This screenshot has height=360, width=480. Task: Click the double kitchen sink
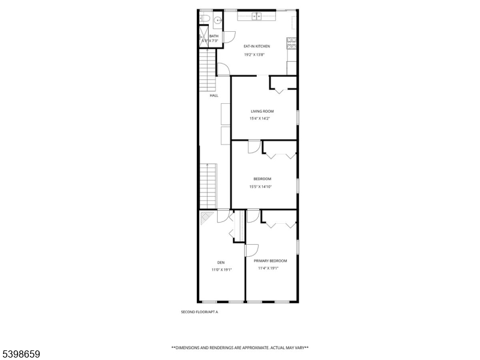[257, 16]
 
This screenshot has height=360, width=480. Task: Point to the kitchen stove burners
[292, 43]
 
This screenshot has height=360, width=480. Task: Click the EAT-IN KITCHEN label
[256, 46]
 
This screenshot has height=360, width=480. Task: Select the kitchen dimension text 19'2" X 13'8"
[256, 55]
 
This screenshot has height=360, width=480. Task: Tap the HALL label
[214, 95]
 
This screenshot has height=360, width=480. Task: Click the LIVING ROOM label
[262, 111]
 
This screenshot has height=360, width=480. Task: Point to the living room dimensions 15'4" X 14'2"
[260, 118]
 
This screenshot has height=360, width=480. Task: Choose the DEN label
[221, 262]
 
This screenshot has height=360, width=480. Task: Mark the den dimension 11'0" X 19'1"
[221, 270]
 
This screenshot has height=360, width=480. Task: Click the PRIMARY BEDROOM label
[270, 260]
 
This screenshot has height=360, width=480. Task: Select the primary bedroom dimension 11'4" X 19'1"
[268, 268]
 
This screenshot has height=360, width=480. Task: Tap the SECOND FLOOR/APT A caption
[199, 312]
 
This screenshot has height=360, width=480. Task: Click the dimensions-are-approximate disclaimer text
[240, 348]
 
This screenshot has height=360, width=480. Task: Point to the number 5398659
[20, 355]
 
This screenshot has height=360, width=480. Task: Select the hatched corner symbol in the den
[206, 217]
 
